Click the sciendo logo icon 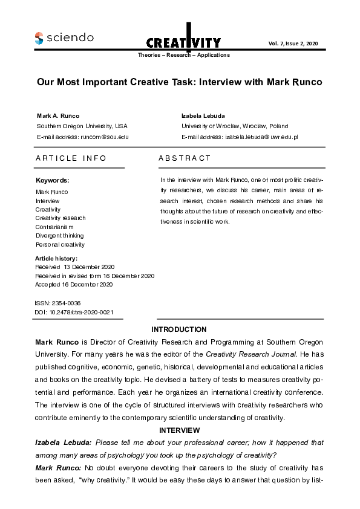(39, 37)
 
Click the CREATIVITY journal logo (183, 40)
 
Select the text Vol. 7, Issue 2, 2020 (292, 43)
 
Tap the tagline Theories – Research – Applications (184, 55)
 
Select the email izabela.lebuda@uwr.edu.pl (261, 137)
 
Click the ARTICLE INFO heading (71, 158)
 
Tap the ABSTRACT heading (185, 158)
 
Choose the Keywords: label (53, 180)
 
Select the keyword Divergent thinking (59, 236)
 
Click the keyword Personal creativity (60, 244)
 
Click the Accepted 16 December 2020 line (74, 284)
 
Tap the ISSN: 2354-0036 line (58, 302)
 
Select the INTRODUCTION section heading (179, 329)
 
